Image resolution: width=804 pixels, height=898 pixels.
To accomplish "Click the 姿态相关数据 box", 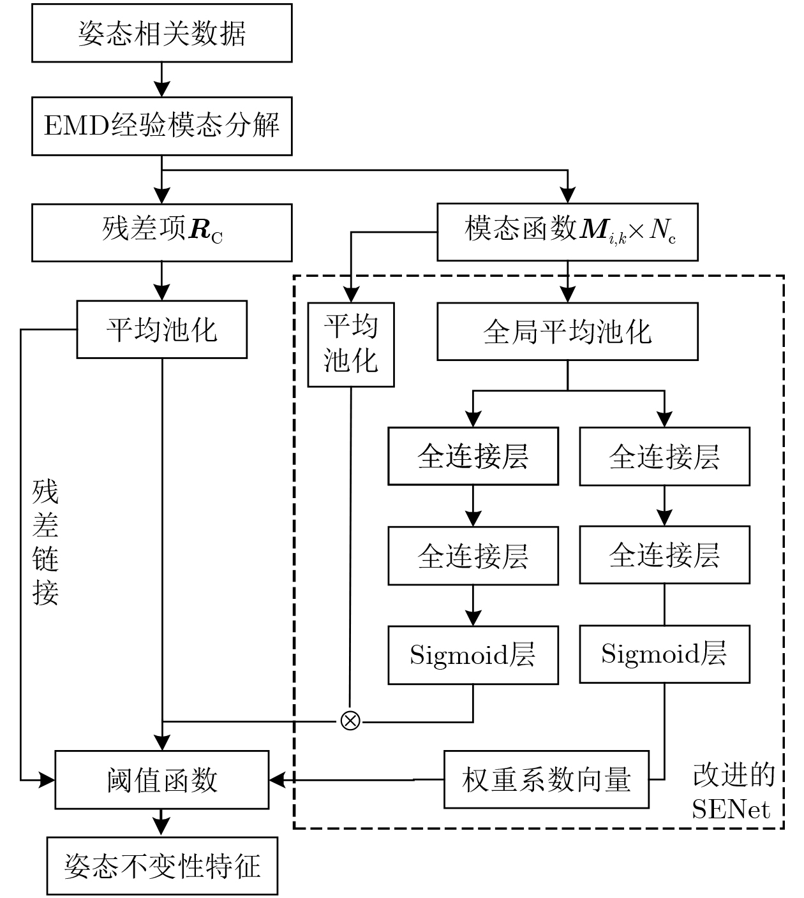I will pos(162,33).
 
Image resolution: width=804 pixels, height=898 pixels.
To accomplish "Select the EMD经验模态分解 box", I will pos(162,126).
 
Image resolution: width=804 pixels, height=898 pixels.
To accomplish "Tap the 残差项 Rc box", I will pos(162,232).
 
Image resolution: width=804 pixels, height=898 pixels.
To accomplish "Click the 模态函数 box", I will pos(567,232).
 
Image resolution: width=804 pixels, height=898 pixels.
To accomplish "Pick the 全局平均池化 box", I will pos(567,331).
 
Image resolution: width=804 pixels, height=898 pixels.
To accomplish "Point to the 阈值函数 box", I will pos(162,779).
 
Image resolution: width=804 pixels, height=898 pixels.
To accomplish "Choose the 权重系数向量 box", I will pos(546,779).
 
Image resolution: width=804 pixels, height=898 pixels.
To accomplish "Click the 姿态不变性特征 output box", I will pos(162,866).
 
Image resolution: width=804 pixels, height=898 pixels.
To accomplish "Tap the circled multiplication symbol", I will pos(350,721).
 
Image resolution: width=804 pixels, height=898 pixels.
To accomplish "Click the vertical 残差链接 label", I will pos(45,542).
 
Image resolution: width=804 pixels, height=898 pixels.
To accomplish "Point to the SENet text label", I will pos(731,809).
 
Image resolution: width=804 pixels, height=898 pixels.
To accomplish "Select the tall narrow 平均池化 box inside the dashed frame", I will pos(351,344).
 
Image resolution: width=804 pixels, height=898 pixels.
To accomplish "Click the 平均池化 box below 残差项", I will pos(162,329).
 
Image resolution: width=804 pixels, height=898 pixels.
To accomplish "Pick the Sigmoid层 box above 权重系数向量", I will pos(664,654).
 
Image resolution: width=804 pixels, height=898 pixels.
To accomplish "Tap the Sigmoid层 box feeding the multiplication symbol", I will pos(473,655).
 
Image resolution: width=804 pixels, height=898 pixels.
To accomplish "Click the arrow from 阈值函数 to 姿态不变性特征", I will pos(162,823).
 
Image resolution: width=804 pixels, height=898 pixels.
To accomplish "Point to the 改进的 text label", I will pos(734,774).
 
